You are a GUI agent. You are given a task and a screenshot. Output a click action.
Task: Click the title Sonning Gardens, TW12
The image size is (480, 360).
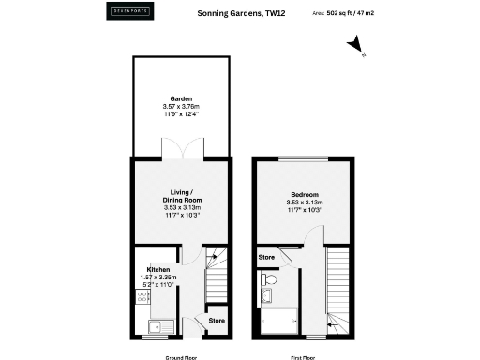[239, 14]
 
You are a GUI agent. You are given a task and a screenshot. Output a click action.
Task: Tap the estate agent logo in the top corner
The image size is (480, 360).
[127, 14]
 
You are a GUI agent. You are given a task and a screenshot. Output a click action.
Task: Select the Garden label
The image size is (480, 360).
[181, 98]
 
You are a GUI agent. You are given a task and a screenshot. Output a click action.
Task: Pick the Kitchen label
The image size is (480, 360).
[157, 269]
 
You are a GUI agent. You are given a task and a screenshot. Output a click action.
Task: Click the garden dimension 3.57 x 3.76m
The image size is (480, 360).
[181, 107]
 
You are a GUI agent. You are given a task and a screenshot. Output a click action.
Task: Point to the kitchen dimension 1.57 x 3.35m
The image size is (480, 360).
[157, 277]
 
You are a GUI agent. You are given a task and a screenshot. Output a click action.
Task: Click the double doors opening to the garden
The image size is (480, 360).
[181, 150]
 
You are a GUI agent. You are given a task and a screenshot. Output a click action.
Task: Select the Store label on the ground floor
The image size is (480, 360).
[217, 321]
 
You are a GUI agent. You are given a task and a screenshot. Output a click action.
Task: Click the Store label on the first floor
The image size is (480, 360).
[266, 256]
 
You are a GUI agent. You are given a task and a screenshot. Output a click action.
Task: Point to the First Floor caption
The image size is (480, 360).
[304, 355]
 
